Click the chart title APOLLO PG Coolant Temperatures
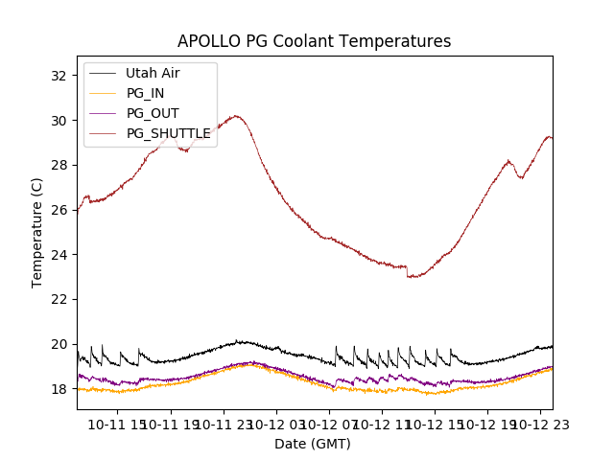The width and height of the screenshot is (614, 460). pos(314,41)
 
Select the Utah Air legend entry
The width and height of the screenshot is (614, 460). pos(152,73)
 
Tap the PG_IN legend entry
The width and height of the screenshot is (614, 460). pos(145,93)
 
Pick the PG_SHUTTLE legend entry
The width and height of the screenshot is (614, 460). pos(168,133)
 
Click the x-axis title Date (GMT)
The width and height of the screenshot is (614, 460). pos(313,444)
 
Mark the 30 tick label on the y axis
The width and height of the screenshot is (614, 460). pos(59,121)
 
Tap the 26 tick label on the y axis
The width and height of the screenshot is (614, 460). pos(59,210)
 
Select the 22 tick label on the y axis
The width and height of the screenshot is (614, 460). pos(59,299)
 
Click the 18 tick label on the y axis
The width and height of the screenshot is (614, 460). pos(59,389)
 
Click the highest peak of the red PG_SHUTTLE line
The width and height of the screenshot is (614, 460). pos(235,116)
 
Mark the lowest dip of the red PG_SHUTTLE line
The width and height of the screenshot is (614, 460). pos(413,277)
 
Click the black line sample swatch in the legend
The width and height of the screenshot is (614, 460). pos(102,73)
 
